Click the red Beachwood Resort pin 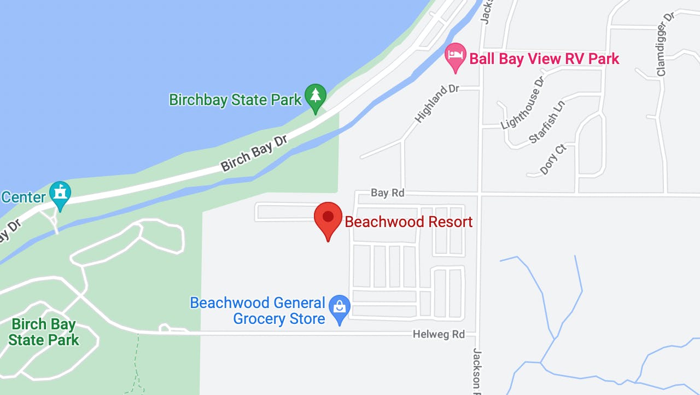pos(328,218)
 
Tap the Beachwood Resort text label pos(409,222)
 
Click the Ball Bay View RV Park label pos(544,59)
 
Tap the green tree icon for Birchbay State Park pos(316,96)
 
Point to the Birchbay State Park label pos(235,100)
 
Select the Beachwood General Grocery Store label pos(258,311)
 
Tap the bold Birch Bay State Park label pos(44,332)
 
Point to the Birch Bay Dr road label pos(254,154)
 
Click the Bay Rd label pos(387,193)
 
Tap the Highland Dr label pos(437,103)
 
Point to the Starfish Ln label pos(546,121)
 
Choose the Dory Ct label pos(552,160)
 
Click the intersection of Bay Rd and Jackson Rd pos(480,195)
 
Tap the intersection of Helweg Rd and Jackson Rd pos(477,333)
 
